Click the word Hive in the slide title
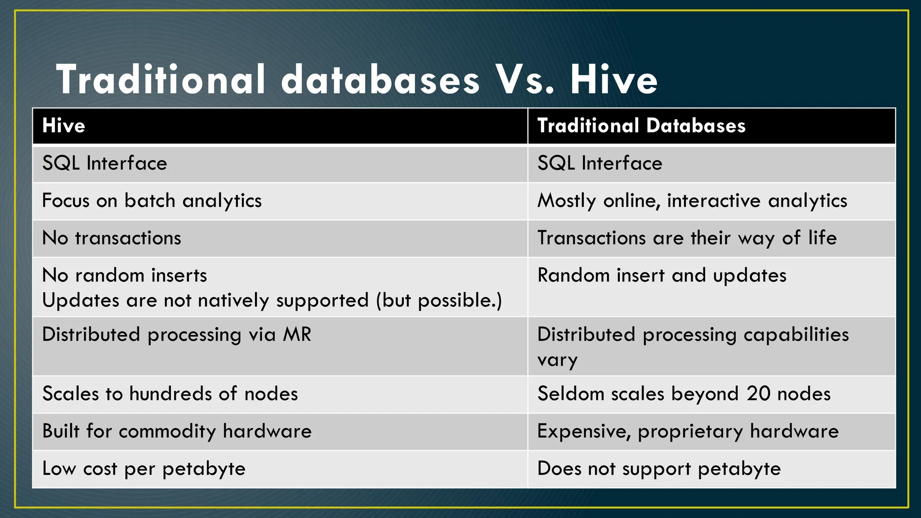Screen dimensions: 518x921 (x=613, y=80)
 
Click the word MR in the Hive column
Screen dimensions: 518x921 (x=297, y=335)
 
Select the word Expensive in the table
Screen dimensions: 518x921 (x=582, y=431)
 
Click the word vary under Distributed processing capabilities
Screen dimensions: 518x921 (x=557, y=361)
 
